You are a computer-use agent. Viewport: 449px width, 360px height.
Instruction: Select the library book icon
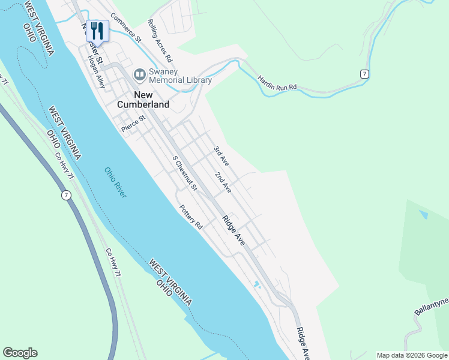(x=140, y=74)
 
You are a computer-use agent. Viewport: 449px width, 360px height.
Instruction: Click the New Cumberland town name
(x=151, y=100)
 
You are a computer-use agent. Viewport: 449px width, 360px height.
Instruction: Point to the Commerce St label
(x=125, y=28)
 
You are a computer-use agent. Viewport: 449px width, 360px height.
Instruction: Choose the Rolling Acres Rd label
(x=160, y=41)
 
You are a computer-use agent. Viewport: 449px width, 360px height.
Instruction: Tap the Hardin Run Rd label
(x=277, y=83)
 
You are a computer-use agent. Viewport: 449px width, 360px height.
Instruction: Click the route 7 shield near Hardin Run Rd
(x=364, y=73)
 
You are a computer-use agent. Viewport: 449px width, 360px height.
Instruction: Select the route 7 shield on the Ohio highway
(x=65, y=195)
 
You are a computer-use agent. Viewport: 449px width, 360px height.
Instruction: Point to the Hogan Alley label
(x=96, y=72)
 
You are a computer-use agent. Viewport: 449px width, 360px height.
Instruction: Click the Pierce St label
(x=133, y=124)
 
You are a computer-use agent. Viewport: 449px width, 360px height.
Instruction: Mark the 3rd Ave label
(x=221, y=155)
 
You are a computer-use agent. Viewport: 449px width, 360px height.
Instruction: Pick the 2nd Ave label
(x=223, y=182)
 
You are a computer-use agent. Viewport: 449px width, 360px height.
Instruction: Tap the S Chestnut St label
(x=185, y=174)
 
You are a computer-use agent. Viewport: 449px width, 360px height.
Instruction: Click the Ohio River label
(x=116, y=182)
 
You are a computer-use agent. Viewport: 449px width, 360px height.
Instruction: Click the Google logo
(x=20, y=353)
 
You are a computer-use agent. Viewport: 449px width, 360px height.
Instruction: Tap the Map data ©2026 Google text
(x=412, y=355)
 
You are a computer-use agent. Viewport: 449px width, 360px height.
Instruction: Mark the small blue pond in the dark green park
(x=424, y=214)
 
